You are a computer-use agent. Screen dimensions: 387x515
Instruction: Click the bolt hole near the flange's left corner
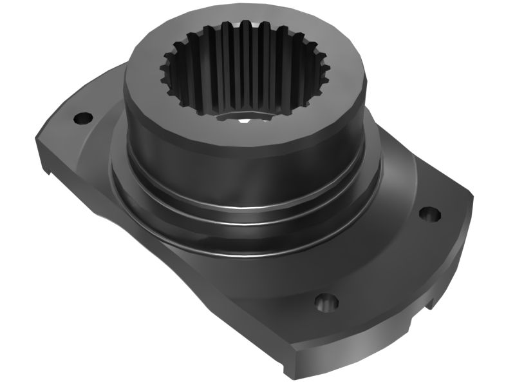(83, 118)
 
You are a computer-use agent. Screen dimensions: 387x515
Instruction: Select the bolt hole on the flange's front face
(326, 301)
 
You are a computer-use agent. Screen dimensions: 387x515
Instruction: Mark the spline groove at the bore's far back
(245, 27)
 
